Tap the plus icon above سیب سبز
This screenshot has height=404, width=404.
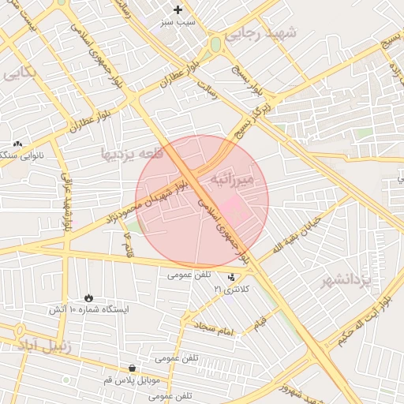coord(178,10)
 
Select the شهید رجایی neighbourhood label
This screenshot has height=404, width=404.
coord(260,34)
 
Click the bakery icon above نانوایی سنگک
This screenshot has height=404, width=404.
coord(17,144)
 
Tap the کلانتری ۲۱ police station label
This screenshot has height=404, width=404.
coord(231,290)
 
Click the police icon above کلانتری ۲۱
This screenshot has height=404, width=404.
coord(231,277)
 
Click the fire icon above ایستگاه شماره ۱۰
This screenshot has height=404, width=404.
coord(88,298)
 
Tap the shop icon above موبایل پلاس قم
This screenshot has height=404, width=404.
coord(131,368)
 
